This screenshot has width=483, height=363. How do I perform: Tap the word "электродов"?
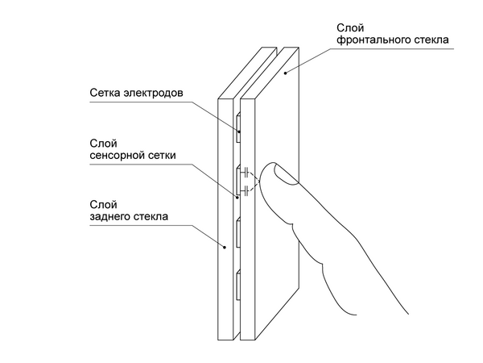[154, 94]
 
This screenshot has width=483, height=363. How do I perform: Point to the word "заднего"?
[108, 216]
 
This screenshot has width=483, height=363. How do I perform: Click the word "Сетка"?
[104, 94]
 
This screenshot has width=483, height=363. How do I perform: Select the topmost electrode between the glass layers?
[237, 129]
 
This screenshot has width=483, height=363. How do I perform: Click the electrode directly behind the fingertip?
[237, 181]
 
